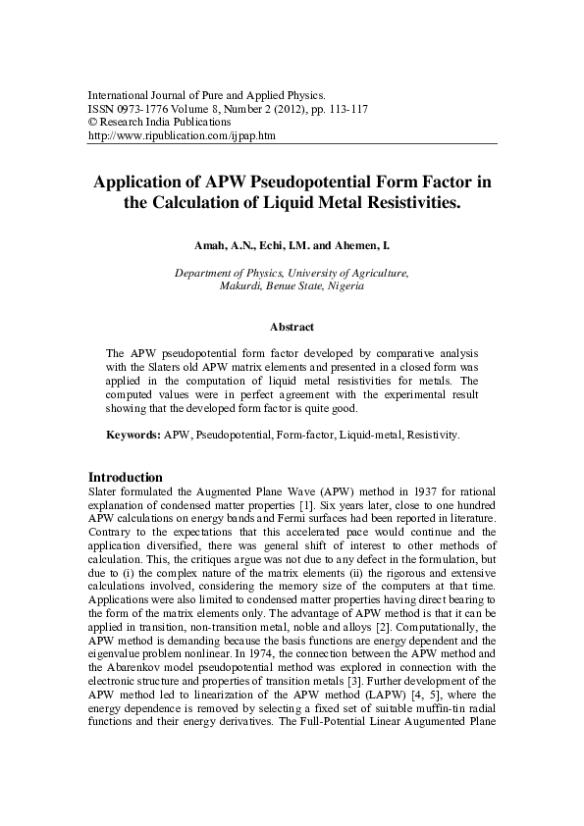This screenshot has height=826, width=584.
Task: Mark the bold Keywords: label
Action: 133,433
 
